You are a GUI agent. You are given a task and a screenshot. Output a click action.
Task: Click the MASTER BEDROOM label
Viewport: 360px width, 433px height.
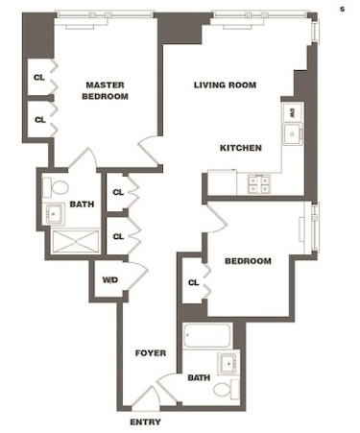click(x=106, y=90)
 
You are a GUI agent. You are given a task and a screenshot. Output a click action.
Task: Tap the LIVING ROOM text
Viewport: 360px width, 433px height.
click(x=225, y=85)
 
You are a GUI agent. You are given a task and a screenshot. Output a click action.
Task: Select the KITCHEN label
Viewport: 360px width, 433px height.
click(x=241, y=148)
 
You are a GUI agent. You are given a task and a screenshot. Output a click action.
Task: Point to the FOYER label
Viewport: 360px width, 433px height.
click(x=151, y=353)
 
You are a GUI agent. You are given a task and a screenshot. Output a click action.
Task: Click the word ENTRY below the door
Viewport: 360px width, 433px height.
click(x=145, y=422)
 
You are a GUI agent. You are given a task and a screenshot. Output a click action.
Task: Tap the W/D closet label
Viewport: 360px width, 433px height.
click(x=110, y=280)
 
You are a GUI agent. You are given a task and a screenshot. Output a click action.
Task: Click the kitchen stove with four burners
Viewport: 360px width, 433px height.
click(x=259, y=184)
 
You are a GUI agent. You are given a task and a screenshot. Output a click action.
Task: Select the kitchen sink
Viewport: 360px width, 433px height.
click(x=293, y=134)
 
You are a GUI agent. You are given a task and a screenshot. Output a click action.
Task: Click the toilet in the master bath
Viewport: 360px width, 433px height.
click(x=56, y=187)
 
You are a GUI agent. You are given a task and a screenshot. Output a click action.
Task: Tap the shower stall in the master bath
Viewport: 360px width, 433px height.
click(x=76, y=241)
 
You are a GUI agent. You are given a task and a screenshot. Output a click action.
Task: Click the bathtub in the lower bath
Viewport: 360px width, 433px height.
click(x=207, y=335)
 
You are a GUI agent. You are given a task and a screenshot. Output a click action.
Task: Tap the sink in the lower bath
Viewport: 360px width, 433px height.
click(x=228, y=364)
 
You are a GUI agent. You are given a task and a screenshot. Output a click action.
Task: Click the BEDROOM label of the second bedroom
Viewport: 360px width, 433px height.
click(x=248, y=261)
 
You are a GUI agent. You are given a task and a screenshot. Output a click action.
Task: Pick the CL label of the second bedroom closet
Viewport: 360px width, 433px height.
click(x=193, y=282)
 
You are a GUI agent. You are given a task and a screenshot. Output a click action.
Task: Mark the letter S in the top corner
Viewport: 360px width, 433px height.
click(x=342, y=9)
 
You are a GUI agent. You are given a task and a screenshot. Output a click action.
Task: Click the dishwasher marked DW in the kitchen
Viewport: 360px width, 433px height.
click(x=292, y=112)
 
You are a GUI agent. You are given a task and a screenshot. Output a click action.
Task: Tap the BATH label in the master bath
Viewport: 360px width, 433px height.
click(x=82, y=204)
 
